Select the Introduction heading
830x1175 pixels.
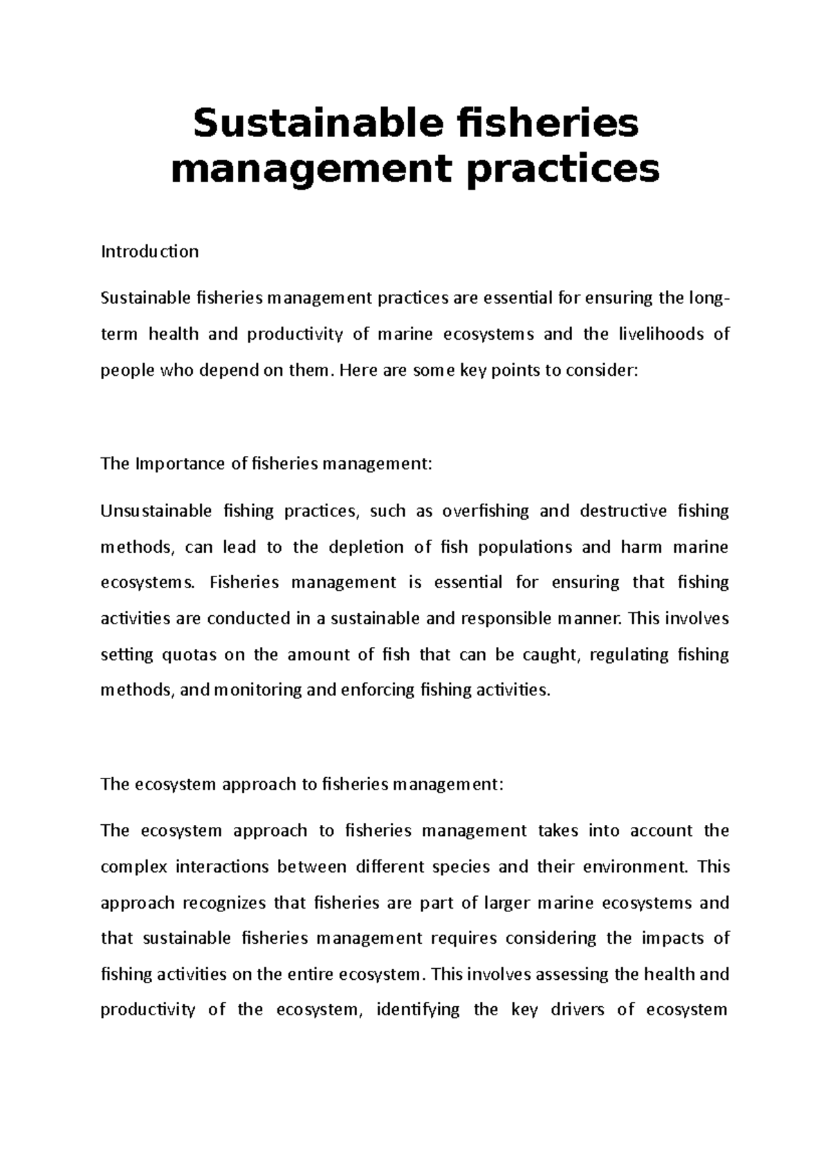[149, 251]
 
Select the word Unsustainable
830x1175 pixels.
[156, 511]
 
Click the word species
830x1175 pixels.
[461, 867]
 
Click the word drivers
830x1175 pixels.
[577, 1010]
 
